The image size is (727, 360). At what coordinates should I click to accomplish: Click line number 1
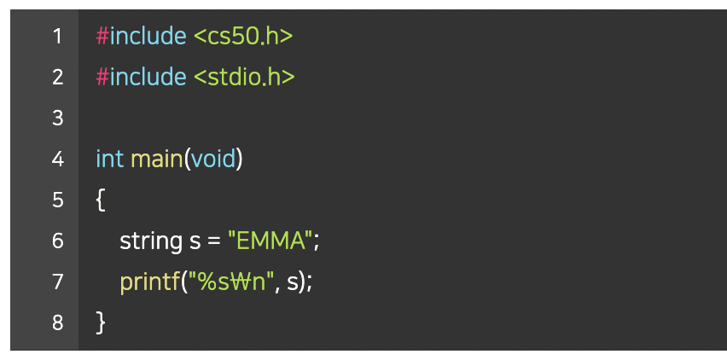[57, 36]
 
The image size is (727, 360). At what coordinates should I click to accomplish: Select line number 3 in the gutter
[57, 118]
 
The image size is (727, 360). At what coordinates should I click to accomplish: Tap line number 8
[57, 322]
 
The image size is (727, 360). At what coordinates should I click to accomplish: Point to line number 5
[57, 200]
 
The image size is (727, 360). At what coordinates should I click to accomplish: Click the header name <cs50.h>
[243, 36]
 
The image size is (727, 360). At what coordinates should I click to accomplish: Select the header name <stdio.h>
[244, 77]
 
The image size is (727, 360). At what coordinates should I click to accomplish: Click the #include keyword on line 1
[141, 36]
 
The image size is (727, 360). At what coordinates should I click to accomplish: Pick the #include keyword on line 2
[141, 77]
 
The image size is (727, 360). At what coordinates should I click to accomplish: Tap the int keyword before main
[109, 159]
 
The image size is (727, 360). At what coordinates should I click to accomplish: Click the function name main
[156, 159]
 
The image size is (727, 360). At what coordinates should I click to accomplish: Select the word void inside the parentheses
[212, 159]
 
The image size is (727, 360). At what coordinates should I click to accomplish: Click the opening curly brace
[101, 200]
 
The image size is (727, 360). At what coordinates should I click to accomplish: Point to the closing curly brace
[101, 322]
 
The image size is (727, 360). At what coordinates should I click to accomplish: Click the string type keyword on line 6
[150, 241]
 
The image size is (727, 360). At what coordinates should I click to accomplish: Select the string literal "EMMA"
[269, 241]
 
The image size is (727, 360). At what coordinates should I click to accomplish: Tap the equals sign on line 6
[215, 241]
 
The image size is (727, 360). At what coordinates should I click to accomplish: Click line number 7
[57, 281]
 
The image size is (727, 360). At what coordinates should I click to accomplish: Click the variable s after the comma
[293, 282]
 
